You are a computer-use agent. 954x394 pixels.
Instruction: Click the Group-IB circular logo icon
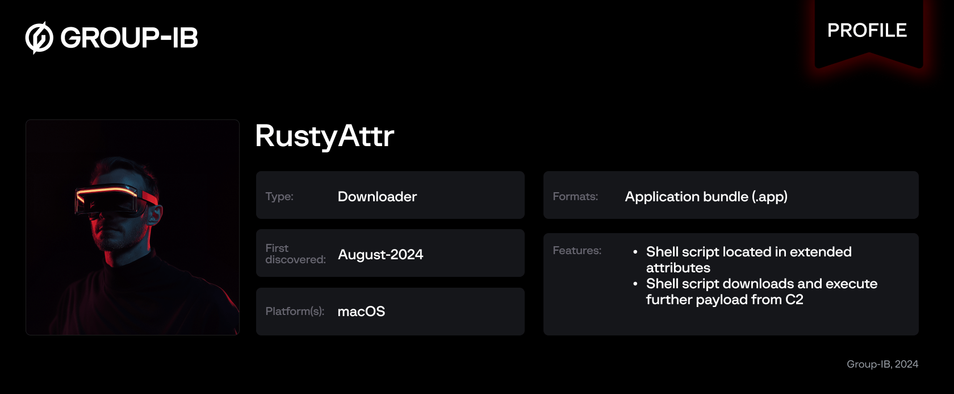[x=39, y=38]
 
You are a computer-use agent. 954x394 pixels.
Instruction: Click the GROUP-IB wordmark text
[x=129, y=38]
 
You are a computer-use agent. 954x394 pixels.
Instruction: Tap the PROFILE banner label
[x=867, y=31]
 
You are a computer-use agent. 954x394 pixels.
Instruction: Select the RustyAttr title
[x=324, y=136]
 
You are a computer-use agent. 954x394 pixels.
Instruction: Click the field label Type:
[x=279, y=197]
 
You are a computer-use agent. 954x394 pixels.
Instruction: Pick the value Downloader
[x=377, y=197]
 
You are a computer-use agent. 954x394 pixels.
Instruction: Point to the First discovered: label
[x=295, y=254]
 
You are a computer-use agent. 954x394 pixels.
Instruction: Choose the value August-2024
[x=380, y=255]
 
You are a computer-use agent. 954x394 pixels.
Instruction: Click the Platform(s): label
[x=295, y=312]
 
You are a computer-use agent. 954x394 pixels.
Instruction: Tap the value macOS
[x=361, y=312]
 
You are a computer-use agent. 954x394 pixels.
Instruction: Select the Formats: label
[x=575, y=197]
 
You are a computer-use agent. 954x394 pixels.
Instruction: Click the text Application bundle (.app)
[x=706, y=197]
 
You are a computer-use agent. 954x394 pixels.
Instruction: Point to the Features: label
[x=577, y=251]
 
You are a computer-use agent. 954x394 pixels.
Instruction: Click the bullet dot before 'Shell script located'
[x=635, y=252]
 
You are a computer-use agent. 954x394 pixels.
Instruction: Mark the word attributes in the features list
[x=678, y=268]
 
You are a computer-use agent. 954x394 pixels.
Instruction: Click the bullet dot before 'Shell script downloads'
[x=635, y=284]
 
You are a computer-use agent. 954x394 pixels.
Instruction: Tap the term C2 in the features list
[x=794, y=300]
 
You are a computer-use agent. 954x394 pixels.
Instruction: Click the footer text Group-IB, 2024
[x=882, y=364]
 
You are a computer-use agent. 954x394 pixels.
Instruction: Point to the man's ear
[x=154, y=214]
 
